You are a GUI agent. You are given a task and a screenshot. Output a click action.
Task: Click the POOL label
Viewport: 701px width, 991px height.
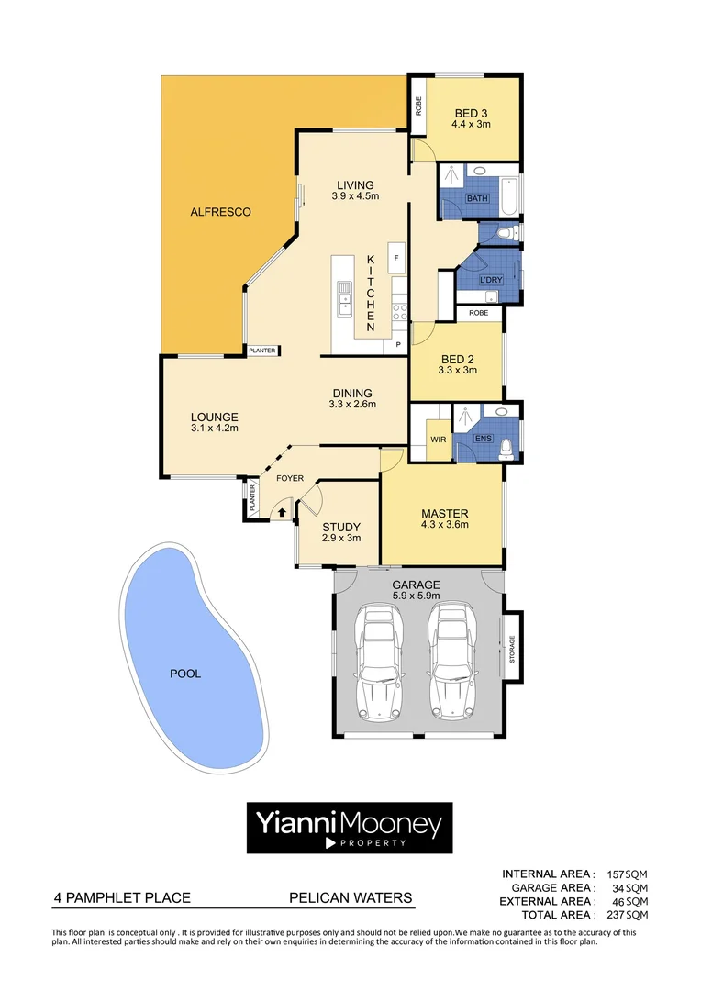tap(185, 674)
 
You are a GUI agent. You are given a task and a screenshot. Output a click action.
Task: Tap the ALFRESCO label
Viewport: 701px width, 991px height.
tap(220, 212)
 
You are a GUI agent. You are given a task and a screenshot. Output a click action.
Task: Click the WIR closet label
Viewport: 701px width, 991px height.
tap(439, 440)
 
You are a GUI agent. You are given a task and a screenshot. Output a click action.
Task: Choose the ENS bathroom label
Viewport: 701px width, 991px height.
tap(483, 440)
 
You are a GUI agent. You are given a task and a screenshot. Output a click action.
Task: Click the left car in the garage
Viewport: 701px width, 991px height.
tap(379, 661)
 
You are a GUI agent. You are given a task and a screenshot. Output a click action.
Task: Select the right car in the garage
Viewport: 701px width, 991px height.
tap(451, 661)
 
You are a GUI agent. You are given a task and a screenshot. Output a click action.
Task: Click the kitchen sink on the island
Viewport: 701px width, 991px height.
tap(344, 299)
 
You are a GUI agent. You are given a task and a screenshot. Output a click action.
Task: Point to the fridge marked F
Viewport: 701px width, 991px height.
tap(396, 259)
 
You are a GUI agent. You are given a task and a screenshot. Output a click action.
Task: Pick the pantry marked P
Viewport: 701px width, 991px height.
tap(398, 345)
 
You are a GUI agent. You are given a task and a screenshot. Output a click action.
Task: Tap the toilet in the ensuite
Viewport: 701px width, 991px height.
tap(505, 449)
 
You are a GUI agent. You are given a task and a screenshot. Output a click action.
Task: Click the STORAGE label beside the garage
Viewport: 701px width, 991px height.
tap(512, 649)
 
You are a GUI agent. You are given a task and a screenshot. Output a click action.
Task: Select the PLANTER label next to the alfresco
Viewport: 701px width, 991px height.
tap(262, 351)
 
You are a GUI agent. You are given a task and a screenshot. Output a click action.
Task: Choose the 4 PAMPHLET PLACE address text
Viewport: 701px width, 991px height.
tap(122, 898)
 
